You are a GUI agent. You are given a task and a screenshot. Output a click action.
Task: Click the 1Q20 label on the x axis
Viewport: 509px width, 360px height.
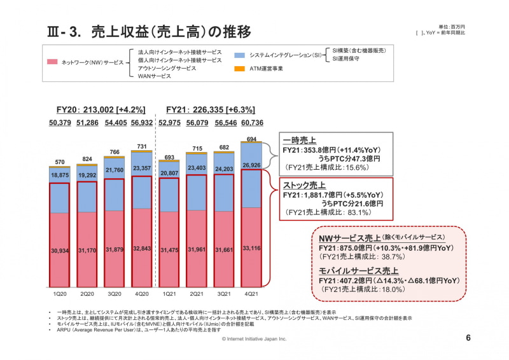tap(60, 294)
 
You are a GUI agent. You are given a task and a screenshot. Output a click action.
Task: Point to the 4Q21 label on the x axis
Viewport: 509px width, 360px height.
tap(251, 294)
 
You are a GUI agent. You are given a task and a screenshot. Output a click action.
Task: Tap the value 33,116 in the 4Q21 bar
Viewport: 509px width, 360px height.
tap(251, 249)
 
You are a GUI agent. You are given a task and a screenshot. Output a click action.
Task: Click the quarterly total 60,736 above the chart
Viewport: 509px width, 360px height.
tap(251, 123)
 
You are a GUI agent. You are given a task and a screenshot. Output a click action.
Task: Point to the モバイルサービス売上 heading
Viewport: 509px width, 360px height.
tap(359, 271)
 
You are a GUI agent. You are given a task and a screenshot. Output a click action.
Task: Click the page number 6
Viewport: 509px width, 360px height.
tap(468, 338)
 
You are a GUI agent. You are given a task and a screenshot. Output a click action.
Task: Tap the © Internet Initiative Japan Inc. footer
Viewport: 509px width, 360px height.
tap(254, 340)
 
